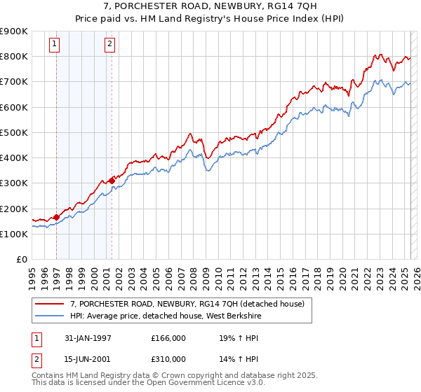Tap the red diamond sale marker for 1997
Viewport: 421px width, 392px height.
[57, 217]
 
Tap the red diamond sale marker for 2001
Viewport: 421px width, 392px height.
[112, 181]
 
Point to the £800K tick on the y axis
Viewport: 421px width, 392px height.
[14, 56]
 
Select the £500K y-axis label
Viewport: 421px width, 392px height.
[14, 132]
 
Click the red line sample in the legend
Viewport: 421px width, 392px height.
[50, 304]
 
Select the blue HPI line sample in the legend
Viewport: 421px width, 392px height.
[50, 316]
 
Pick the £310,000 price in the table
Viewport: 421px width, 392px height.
[168, 358]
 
